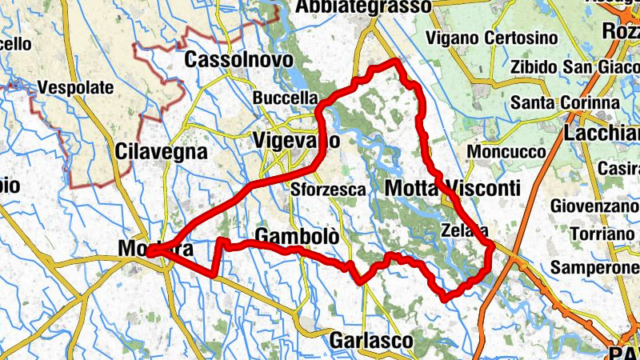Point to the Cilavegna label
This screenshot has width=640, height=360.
tap(161, 150)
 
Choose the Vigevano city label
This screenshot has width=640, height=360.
tap(295, 139)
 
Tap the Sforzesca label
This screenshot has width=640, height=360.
tap(328, 190)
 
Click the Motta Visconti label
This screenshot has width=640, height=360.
tap(452, 188)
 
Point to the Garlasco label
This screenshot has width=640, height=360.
tap(371, 341)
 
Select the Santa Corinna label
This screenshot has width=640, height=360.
tap(565, 103)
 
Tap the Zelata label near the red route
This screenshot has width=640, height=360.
tap(464, 231)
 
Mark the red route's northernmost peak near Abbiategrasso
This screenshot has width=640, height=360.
tap(394, 62)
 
